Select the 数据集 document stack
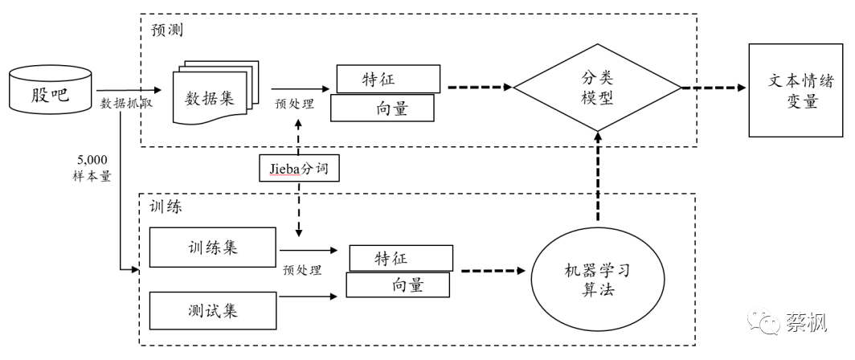(x=211, y=97)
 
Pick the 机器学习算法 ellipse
(x=596, y=279)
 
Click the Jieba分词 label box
(x=299, y=169)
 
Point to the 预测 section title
(x=168, y=31)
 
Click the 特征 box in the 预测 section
(x=388, y=79)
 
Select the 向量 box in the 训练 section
(x=398, y=284)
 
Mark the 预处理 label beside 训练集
(x=303, y=270)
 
